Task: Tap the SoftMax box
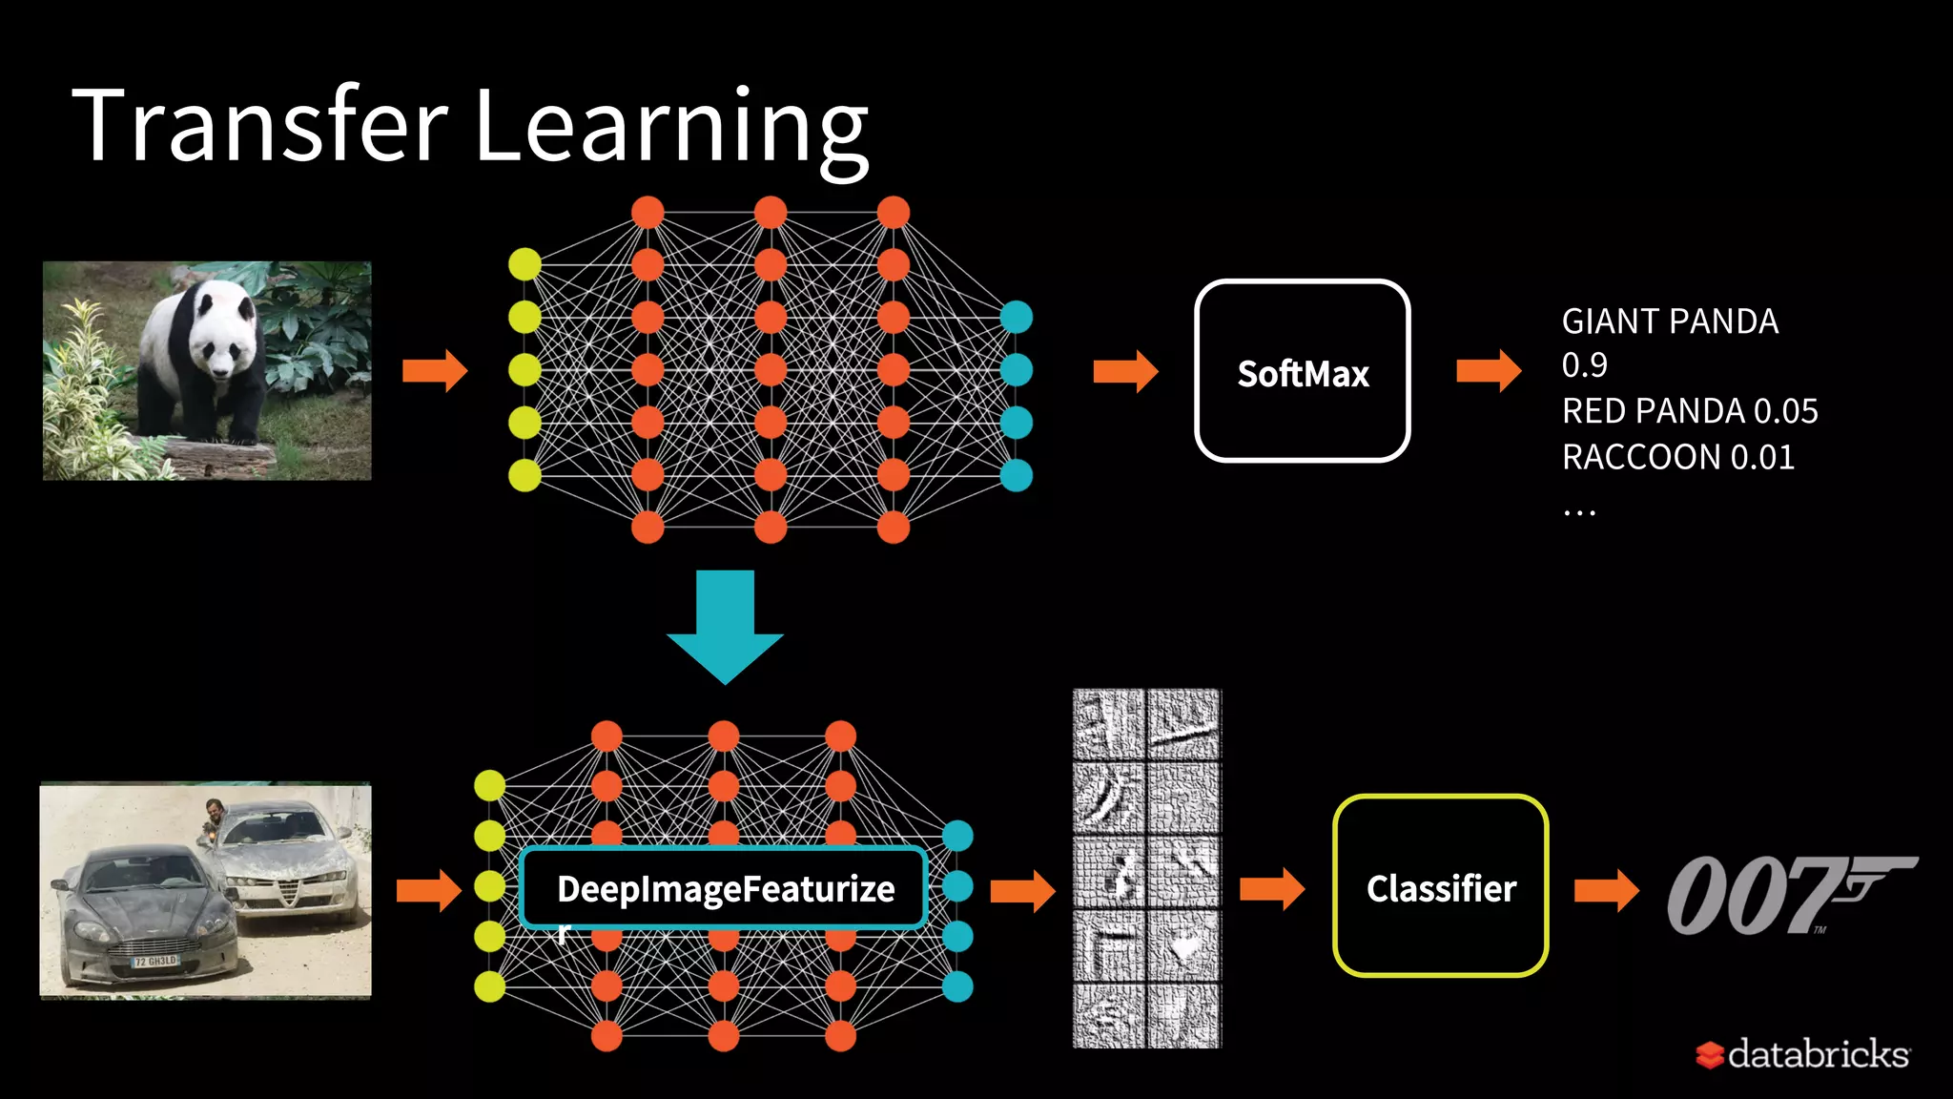pyautogui.click(x=1302, y=371)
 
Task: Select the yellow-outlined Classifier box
pyautogui.click(x=1440, y=886)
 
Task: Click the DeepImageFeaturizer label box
pyautogui.click(x=724, y=888)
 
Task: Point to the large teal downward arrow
pyautogui.click(x=725, y=626)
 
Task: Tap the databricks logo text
pyautogui.click(x=1817, y=1054)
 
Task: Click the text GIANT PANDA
pyautogui.click(x=1670, y=321)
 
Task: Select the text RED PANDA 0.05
pyautogui.click(x=1690, y=411)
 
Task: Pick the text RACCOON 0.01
pyautogui.click(x=1677, y=457)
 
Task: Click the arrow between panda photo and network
pyautogui.click(x=435, y=370)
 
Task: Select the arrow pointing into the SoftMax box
pyautogui.click(x=1125, y=371)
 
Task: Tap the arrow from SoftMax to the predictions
pyautogui.click(x=1489, y=371)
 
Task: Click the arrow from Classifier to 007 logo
pyautogui.click(x=1606, y=890)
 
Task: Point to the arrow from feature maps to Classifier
pyautogui.click(x=1271, y=890)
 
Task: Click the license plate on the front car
pyautogui.click(x=155, y=962)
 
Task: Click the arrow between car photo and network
pyautogui.click(x=429, y=890)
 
